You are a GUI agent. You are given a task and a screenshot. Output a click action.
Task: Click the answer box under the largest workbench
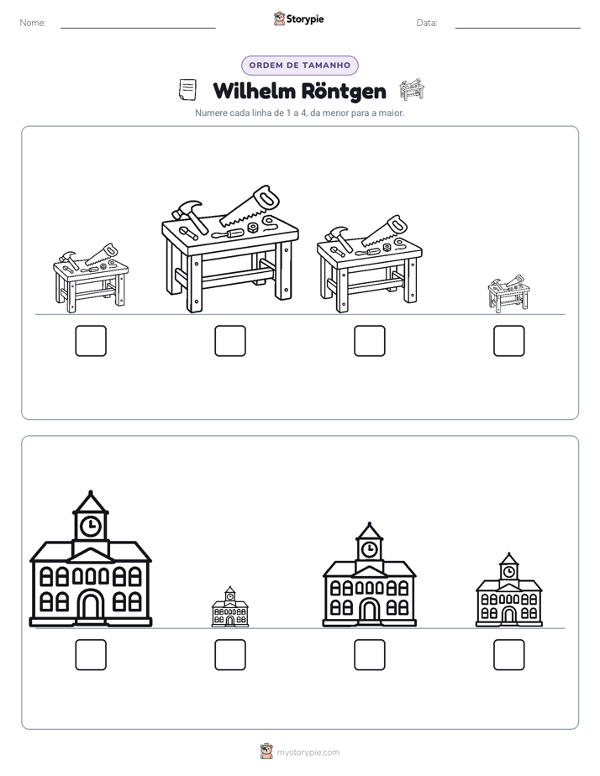(230, 341)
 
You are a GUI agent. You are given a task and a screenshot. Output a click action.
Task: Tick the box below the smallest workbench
(509, 341)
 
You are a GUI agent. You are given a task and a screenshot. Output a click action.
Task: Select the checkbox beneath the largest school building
(91, 655)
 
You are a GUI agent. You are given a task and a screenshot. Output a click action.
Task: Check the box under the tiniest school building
(230, 655)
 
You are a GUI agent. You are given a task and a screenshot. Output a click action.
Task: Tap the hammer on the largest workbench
(188, 216)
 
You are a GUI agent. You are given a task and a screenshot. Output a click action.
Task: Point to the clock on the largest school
(91, 526)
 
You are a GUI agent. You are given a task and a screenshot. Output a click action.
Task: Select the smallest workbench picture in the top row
(508, 294)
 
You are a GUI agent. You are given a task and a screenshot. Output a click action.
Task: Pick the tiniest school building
(230, 606)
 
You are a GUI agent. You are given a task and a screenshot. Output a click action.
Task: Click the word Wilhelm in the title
(254, 92)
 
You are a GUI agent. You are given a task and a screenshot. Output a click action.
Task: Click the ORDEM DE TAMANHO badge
(300, 66)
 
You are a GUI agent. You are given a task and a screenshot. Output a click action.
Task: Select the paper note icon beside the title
(187, 90)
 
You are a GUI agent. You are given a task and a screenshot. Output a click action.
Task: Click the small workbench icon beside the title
(412, 89)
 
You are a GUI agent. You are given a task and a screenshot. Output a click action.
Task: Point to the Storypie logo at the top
(299, 18)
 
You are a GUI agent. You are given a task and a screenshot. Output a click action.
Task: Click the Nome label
(33, 23)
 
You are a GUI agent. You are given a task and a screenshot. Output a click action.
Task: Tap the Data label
(427, 23)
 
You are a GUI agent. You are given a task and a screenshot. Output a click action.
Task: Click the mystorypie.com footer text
(308, 752)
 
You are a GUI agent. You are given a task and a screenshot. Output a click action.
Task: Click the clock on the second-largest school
(369, 549)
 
